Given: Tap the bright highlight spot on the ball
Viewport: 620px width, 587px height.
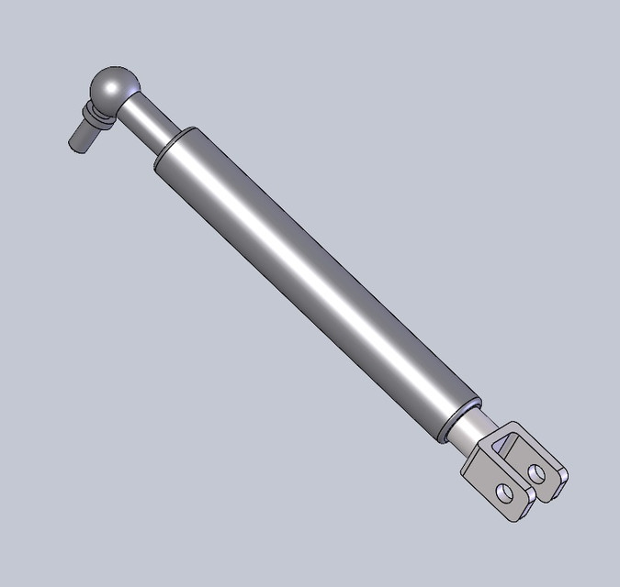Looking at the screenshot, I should pyautogui.click(x=109, y=87).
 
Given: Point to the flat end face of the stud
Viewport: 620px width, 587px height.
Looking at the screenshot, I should pyautogui.click(x=74, y=143).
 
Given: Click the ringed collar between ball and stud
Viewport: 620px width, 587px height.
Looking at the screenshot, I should pyautogui.click(x=95, y=116).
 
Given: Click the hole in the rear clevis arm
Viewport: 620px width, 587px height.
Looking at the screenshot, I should pyautogui.click(x=537, y=472).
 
